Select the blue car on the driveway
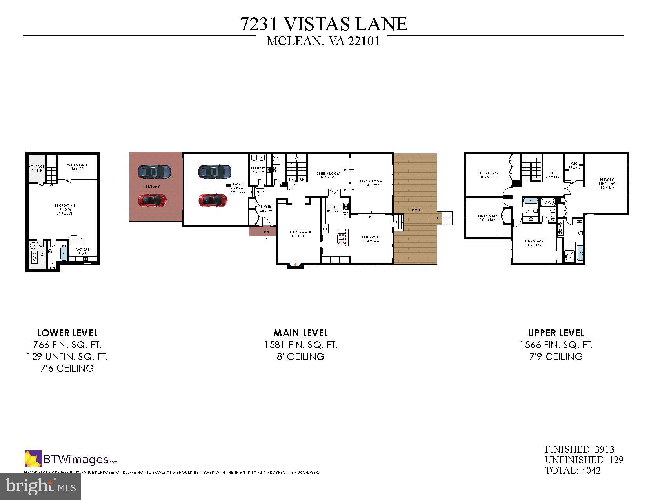pos(154,171)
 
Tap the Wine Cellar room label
pos(77,167)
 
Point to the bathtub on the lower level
pos(64,253)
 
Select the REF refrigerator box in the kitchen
pos(325,229)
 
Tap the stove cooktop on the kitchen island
pos(342,238)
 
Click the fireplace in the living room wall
pos(295,265)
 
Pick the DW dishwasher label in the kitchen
pos(346,215)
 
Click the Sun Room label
pos(371,239)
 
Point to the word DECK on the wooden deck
pos(416,210)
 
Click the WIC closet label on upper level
pos(574,165)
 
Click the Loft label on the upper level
pos(552,175)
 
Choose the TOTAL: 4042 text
pos(572,470)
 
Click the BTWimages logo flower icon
pos(33,458)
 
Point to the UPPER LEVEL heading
pos(556,333)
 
